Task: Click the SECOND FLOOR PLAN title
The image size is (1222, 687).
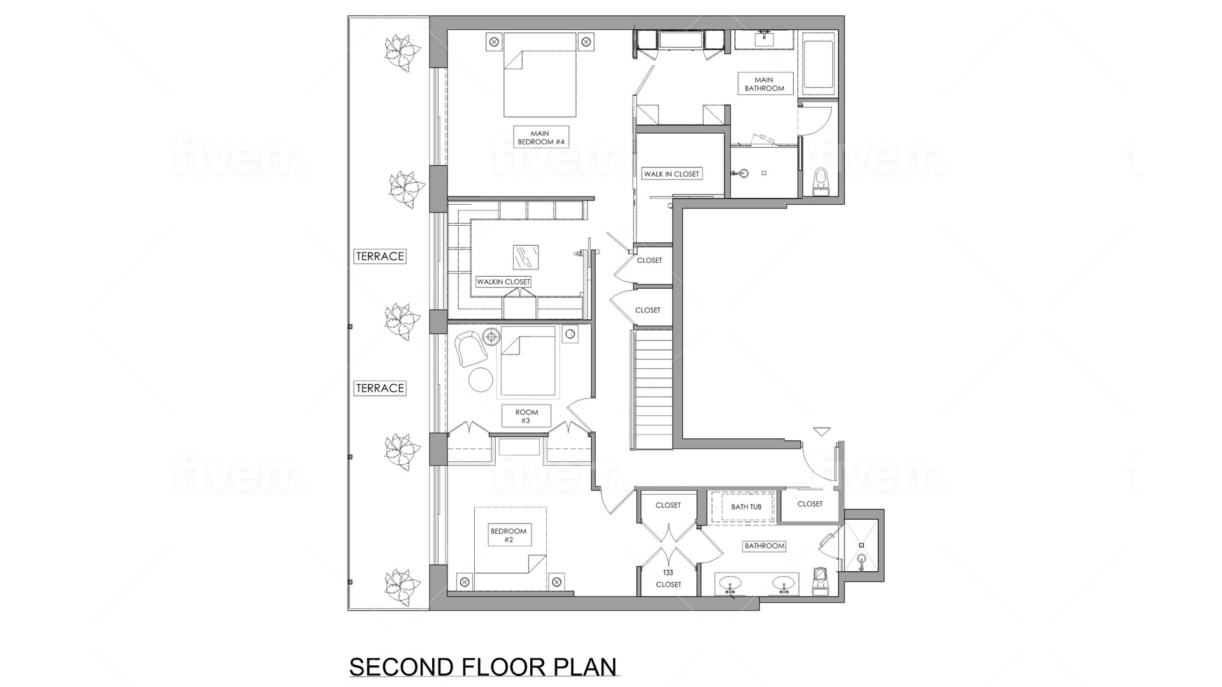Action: pos(483,667)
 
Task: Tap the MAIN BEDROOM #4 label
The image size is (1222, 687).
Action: pos(541,138)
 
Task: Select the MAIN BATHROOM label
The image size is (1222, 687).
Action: pos(764,84)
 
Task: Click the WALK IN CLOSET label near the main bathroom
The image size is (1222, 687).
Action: pos(671,174)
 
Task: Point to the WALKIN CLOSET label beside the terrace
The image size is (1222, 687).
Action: pos(503,281)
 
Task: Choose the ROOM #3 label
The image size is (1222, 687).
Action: pos(526,416)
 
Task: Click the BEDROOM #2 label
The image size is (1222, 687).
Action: pos(509,536)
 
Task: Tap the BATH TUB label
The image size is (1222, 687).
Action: pos(746,507)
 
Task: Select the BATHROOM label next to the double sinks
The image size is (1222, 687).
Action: pos(764,546)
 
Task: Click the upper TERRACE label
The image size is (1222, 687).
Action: pos(380,256)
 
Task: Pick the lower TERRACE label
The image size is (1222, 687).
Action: pos(380,388)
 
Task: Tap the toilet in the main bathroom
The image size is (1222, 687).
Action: pos(821,181)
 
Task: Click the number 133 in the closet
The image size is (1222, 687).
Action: pos(668,572)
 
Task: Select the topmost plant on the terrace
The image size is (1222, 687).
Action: pos(401,52)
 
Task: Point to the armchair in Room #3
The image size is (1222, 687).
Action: pos(469,349)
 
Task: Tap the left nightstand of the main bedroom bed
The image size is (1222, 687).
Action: pos(494,43)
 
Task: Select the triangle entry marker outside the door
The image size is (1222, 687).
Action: pos(822,432)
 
